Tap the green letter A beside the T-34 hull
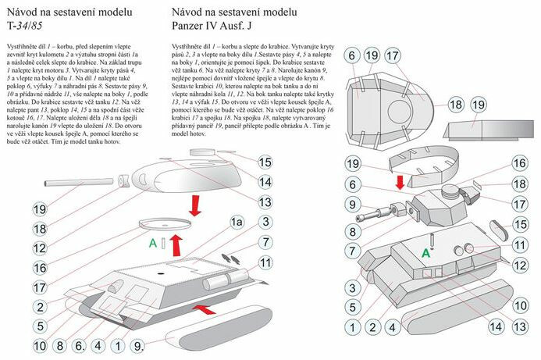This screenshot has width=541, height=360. (x=154, y=243)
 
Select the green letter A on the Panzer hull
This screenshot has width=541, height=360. (x=427, y=252)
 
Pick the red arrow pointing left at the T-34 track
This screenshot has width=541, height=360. (x=203, y=310)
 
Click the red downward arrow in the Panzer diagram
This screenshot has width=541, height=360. (x=400, y=181)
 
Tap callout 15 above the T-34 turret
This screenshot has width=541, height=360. (x=265, y=162)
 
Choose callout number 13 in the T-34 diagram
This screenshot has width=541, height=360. (x=265, y=202)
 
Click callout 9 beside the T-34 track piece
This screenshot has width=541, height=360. (x=138, y=344)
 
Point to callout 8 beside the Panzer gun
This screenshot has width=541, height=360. (x=351, y=232)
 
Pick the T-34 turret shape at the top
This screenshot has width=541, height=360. (x=187, y=173)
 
